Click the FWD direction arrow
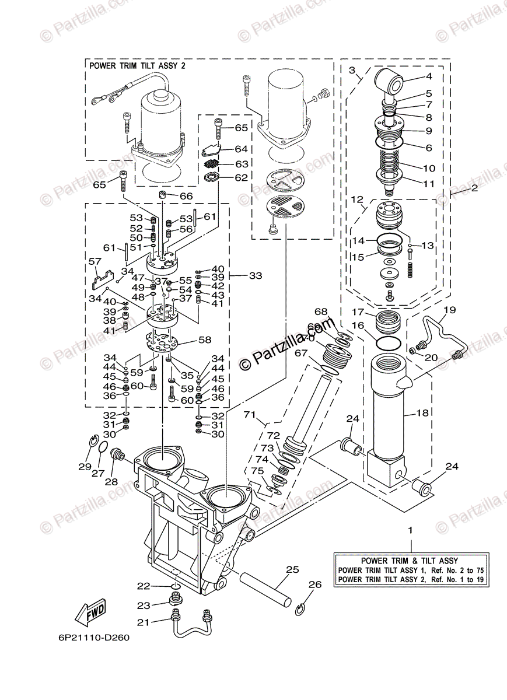point(90,612)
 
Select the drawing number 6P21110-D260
point(93,637)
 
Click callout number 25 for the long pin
point(292,569)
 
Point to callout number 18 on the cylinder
point(422,413)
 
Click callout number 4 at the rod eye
point(429,76)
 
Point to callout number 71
point(250,415)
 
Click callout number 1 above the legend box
point(410,530)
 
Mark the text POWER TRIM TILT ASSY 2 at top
point(137,66)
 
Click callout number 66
point(186,197)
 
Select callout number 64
point(225,149)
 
